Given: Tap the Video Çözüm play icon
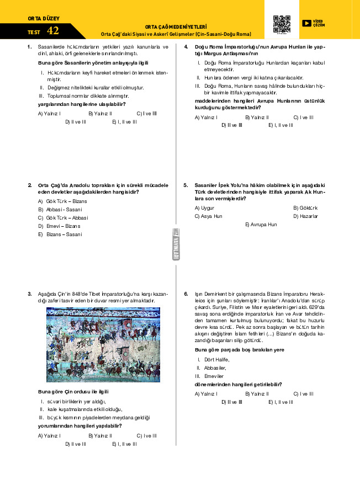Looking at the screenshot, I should tap(306, 24).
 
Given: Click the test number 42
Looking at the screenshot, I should tap(53, 31).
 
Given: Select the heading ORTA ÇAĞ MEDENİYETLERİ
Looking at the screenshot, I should tap(176, 26).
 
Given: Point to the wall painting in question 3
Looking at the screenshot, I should tap(103, 345).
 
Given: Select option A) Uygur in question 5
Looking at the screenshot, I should tap(204, 207).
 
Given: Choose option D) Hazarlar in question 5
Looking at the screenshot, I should tap(305, 216).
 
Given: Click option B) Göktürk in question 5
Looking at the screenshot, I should tap(305, 207).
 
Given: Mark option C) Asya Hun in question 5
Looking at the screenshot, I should tap(209, 216).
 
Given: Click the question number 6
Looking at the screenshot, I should tap(187, 293).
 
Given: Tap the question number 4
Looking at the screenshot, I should tap(187, 46).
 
